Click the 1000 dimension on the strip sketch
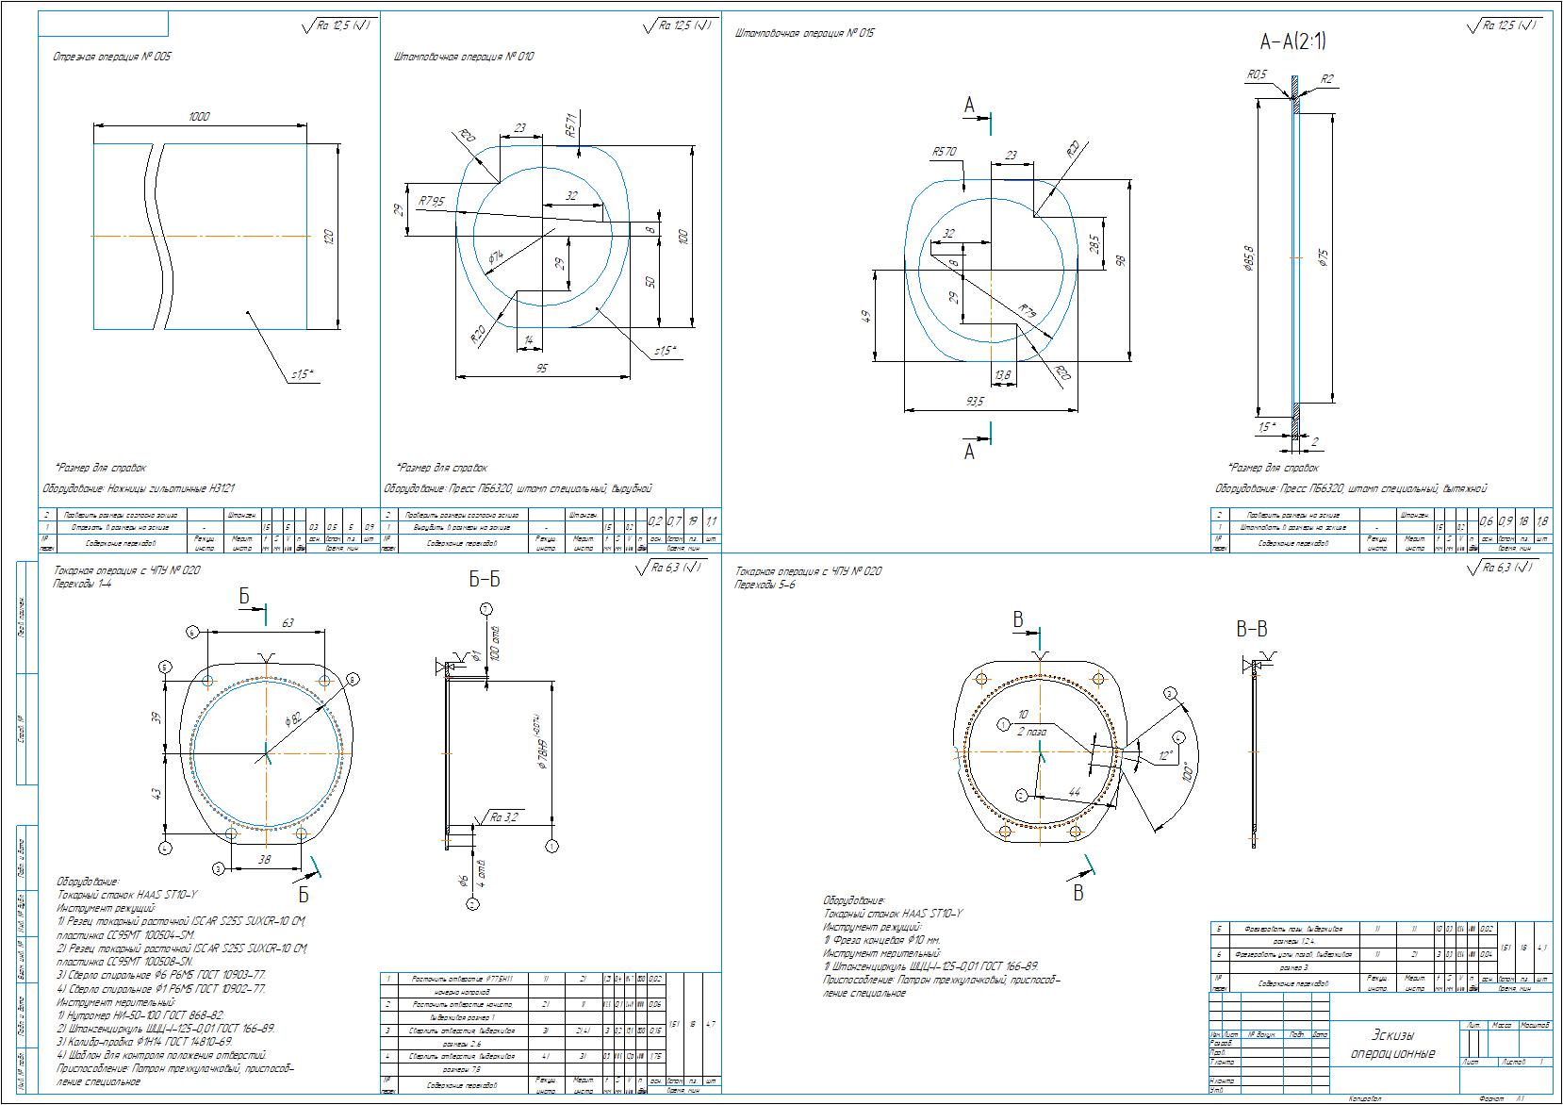coord(199,117)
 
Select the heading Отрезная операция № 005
coord(113,57)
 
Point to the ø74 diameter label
coord(496,255)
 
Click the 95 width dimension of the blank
coord(541,369)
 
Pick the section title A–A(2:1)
coord(1293,41)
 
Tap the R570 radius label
coord(944,151)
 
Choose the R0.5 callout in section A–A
coord(1257,74)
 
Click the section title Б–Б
coord(485,580)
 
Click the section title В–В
coord(1251,629)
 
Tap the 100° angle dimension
coord(1187,772)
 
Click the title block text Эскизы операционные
coord(1392,1044)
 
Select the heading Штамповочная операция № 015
coord(804,34)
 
